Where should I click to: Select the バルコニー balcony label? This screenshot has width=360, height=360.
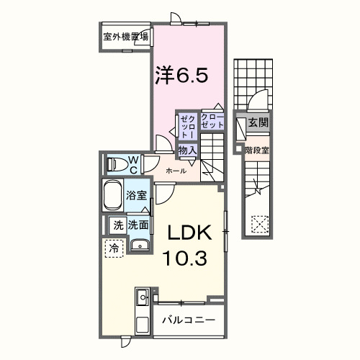tap(188, 319)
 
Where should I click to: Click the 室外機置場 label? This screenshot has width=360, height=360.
tap(125, 36)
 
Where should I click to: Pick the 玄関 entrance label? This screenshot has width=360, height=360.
tap(258, 123)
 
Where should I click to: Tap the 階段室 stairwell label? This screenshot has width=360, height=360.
tap(257, 150)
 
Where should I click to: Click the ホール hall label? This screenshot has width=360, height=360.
tap(176, 171)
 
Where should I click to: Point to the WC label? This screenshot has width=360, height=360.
tap(134, 164)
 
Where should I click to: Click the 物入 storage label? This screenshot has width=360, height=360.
tap(187, 150)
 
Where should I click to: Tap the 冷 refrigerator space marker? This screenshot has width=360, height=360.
tap(114, 248)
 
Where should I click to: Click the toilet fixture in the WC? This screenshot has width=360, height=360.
tap(114, 165)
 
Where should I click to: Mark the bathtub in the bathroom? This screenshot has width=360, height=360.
tap(113, 196)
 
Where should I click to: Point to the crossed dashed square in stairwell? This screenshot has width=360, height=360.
tap(258, 223)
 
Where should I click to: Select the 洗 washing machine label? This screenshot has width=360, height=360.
tap(117, 225)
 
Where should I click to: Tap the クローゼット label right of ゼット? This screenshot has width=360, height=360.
tap(212, 122)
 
